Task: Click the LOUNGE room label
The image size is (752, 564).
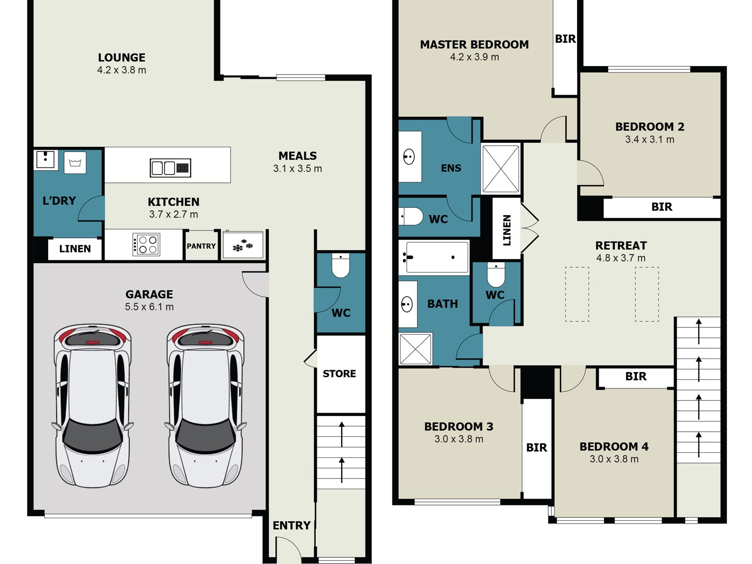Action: coord(122,58)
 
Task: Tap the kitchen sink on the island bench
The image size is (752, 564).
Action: coord(171,167)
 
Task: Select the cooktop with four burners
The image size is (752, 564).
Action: coord(146,245)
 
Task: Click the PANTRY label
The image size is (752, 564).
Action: coord(201,246)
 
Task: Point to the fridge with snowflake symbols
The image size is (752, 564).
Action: coord(243,245)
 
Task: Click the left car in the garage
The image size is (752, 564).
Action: coord(93,406)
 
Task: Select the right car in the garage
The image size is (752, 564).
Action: coord(205,406)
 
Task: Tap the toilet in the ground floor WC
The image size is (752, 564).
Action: coord(341,266)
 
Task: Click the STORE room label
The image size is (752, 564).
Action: coord(339,374)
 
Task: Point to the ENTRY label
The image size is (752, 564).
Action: coord(292,526)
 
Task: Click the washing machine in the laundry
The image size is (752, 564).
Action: coord(75,163)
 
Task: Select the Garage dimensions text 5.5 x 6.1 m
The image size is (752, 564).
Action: coord(149,307)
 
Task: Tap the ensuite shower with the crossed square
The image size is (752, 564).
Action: coord(501,169)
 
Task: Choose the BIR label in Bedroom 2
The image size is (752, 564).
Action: coord(662,207)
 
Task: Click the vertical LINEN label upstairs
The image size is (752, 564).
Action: coord(507,230)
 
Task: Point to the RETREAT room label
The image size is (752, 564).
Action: coord(621,246)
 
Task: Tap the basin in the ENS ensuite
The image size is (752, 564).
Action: coord(409,157)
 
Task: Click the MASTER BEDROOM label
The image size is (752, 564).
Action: coord(475,45)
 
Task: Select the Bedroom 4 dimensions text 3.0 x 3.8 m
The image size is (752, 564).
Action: coord(614,459)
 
